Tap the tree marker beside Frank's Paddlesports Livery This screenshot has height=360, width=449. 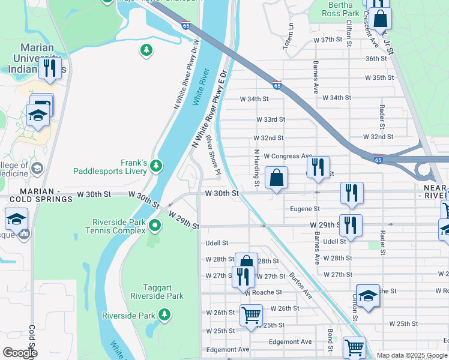click(156, 164)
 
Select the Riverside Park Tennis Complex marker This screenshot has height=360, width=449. click(155, 226)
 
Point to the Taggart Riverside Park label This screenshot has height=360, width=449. click(157, 292)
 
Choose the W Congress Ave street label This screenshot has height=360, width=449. click(288, 156)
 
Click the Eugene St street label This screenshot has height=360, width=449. click(305, 209)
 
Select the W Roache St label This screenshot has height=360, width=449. click(263, 292)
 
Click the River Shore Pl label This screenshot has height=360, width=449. click(214, 155)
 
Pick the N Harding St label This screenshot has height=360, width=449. click(256, 167)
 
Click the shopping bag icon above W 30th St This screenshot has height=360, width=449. click(276, 178)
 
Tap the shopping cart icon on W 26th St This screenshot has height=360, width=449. click(251, 314)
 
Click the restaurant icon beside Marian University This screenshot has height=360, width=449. click(49, 68)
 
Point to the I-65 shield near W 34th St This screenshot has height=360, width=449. click(277, 85)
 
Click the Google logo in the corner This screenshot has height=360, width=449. click(20, 353)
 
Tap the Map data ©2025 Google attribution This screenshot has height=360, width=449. click(412, 355)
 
